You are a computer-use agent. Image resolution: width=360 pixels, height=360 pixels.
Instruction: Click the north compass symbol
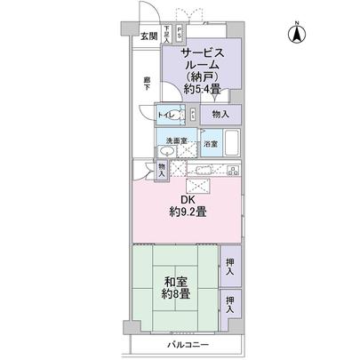(x=295, y=34)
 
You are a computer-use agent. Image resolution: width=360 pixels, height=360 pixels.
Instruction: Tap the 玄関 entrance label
(x=148, y=36)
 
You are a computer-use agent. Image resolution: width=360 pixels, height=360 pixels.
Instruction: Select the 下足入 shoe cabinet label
(x=166, y=36)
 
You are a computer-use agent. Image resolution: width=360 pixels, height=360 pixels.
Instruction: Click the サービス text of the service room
(x=201, y=52)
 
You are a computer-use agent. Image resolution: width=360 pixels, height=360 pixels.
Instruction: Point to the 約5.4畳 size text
(x=201, y=89)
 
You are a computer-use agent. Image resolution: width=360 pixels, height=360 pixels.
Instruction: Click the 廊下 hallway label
(x=148, y=84)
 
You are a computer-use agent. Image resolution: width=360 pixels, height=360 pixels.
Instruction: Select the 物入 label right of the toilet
(x=220, y=115)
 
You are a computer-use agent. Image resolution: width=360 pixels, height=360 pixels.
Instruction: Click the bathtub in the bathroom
(x=232, y=144)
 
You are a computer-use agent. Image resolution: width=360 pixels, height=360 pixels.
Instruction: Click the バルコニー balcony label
(x=186, y=343)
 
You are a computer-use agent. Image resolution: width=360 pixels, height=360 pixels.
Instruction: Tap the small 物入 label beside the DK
(x=161, y=170)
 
